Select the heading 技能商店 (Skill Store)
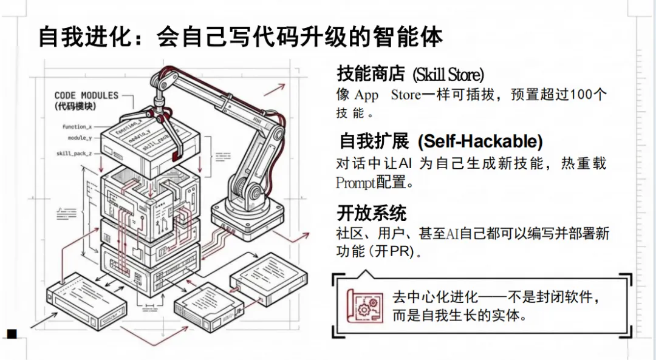[411, 75]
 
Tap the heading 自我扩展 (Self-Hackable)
[440, 142]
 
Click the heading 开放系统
[372, 213]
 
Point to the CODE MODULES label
[86, 95]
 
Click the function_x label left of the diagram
[77, 127]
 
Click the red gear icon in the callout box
[364, 305]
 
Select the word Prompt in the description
[356, 183]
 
